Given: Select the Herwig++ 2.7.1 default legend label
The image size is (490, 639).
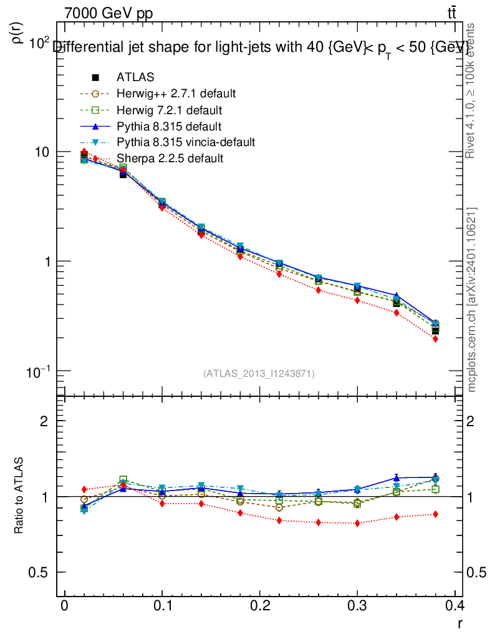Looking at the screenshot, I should tap(176, 94).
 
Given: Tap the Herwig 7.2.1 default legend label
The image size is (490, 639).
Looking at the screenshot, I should tap(170, 110).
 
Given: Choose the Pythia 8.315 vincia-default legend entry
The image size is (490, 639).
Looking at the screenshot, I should tap(185, 142).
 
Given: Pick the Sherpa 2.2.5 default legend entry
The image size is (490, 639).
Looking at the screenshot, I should tap(170, 159).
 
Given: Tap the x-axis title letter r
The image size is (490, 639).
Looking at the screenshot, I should tap(460, 622).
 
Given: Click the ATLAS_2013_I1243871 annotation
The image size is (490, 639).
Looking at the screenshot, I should tap(259, 373).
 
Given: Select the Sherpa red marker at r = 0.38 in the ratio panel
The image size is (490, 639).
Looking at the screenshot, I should tap(435, 514).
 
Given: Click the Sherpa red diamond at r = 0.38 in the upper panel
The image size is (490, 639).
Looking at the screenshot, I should tap(435, 339).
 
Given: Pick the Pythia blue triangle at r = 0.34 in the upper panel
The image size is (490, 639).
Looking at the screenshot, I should tap(396, 295).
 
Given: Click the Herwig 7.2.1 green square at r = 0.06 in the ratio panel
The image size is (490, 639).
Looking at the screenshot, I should tap(123, 479).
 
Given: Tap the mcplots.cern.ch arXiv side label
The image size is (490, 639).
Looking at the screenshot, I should tap(472, 300).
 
